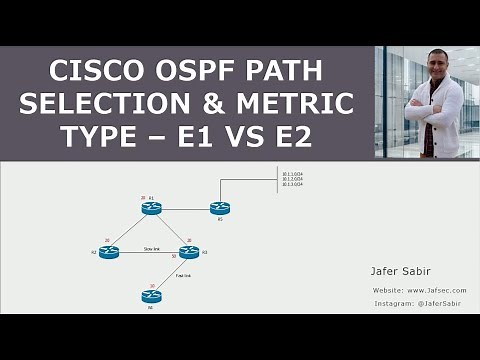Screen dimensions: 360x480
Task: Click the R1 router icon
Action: (x=152, y=208)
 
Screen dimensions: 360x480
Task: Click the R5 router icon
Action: (x=220, y=208)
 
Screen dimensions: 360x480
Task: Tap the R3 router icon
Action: (x=189, y=252)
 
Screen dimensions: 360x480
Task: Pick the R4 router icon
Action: (x=152, y=296)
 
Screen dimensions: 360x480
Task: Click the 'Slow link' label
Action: (x=152, y=246)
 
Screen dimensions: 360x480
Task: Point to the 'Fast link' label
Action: (x=183, y=275)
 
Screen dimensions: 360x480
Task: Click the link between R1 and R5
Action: (x=186, y=208)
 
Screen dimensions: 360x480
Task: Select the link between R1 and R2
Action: (x=131, y=230)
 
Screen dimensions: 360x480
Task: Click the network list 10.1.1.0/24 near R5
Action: (x=291, y=174)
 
